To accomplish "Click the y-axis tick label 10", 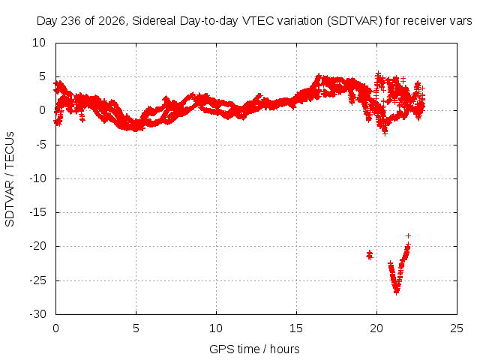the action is tap(39, 43).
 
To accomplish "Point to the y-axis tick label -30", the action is tap(37, 314).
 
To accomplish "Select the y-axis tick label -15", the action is tap(37, 212).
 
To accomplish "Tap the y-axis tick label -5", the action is tap(41, 145).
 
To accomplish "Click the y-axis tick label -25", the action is tap(37, 280).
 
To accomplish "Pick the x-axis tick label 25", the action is tap(457, 328).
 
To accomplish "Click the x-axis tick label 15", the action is tap(296, 328).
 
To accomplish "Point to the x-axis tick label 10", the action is tap(216, 328).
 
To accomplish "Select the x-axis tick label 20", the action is tap(376, 328).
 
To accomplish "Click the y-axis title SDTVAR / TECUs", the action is tap(10, 179).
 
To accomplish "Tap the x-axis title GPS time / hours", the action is tap(254, 349).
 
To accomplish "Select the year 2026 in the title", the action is tap(112, 21).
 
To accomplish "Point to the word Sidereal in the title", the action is tap(154, 21).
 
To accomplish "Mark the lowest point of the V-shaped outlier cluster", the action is tap(397, 292).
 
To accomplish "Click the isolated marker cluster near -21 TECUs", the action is tap(370, 255).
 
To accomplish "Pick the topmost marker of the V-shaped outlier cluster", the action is tap(408, 235).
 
